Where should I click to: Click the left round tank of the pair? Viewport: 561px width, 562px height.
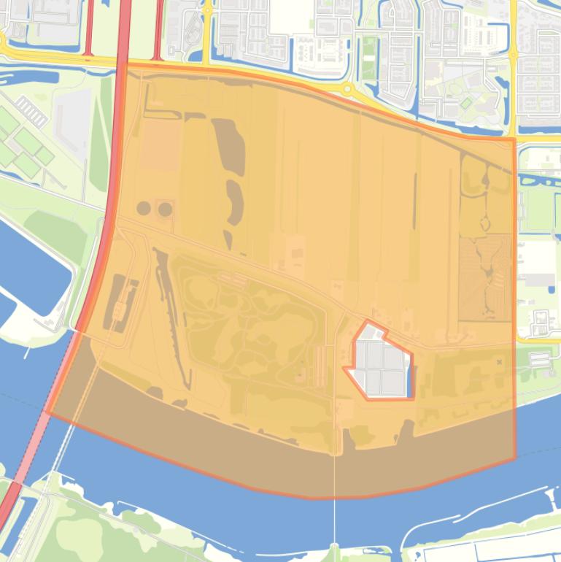point(144,209)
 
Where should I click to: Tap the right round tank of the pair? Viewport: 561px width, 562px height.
point(166,209)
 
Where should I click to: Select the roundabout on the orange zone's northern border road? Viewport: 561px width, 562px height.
point(347,89)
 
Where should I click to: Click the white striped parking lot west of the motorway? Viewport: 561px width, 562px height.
point(32,112)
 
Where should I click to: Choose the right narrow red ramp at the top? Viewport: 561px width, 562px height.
point(158,29)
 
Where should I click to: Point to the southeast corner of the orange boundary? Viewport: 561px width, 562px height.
point(515,459)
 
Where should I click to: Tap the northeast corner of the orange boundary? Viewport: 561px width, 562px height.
point(514,138)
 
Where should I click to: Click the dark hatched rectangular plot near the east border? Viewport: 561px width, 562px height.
point(485,277)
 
